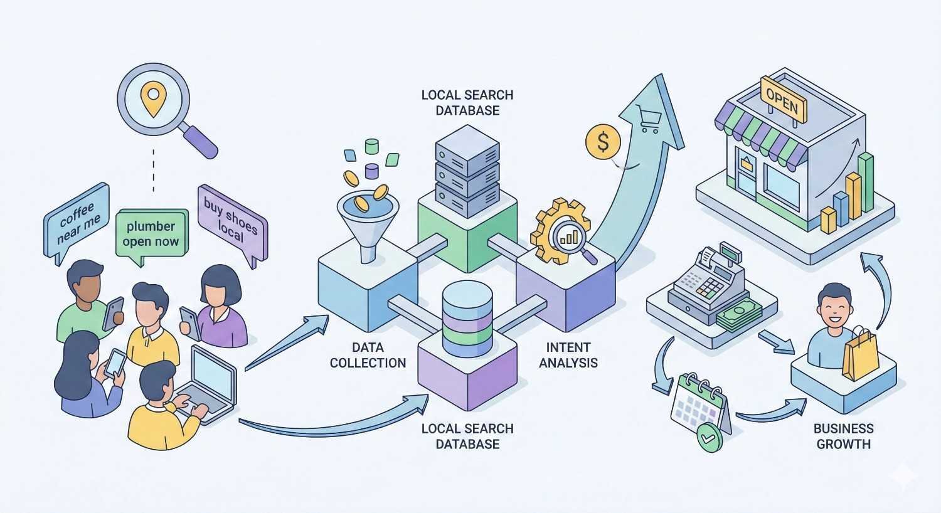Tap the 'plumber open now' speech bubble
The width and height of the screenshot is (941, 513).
point(151,233)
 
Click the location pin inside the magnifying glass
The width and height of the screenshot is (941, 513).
point(152,98)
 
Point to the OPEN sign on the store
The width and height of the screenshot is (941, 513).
point(782,99)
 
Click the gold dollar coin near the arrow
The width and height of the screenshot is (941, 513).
point(602,142)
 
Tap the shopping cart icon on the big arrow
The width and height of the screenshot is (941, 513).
point(647,118)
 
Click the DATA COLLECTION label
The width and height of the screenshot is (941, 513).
point(368,355)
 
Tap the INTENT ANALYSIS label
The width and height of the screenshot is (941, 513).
point(568,355)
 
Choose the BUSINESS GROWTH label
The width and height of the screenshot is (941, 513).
point(843,436)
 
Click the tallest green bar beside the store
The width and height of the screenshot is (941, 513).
point(866,182)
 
